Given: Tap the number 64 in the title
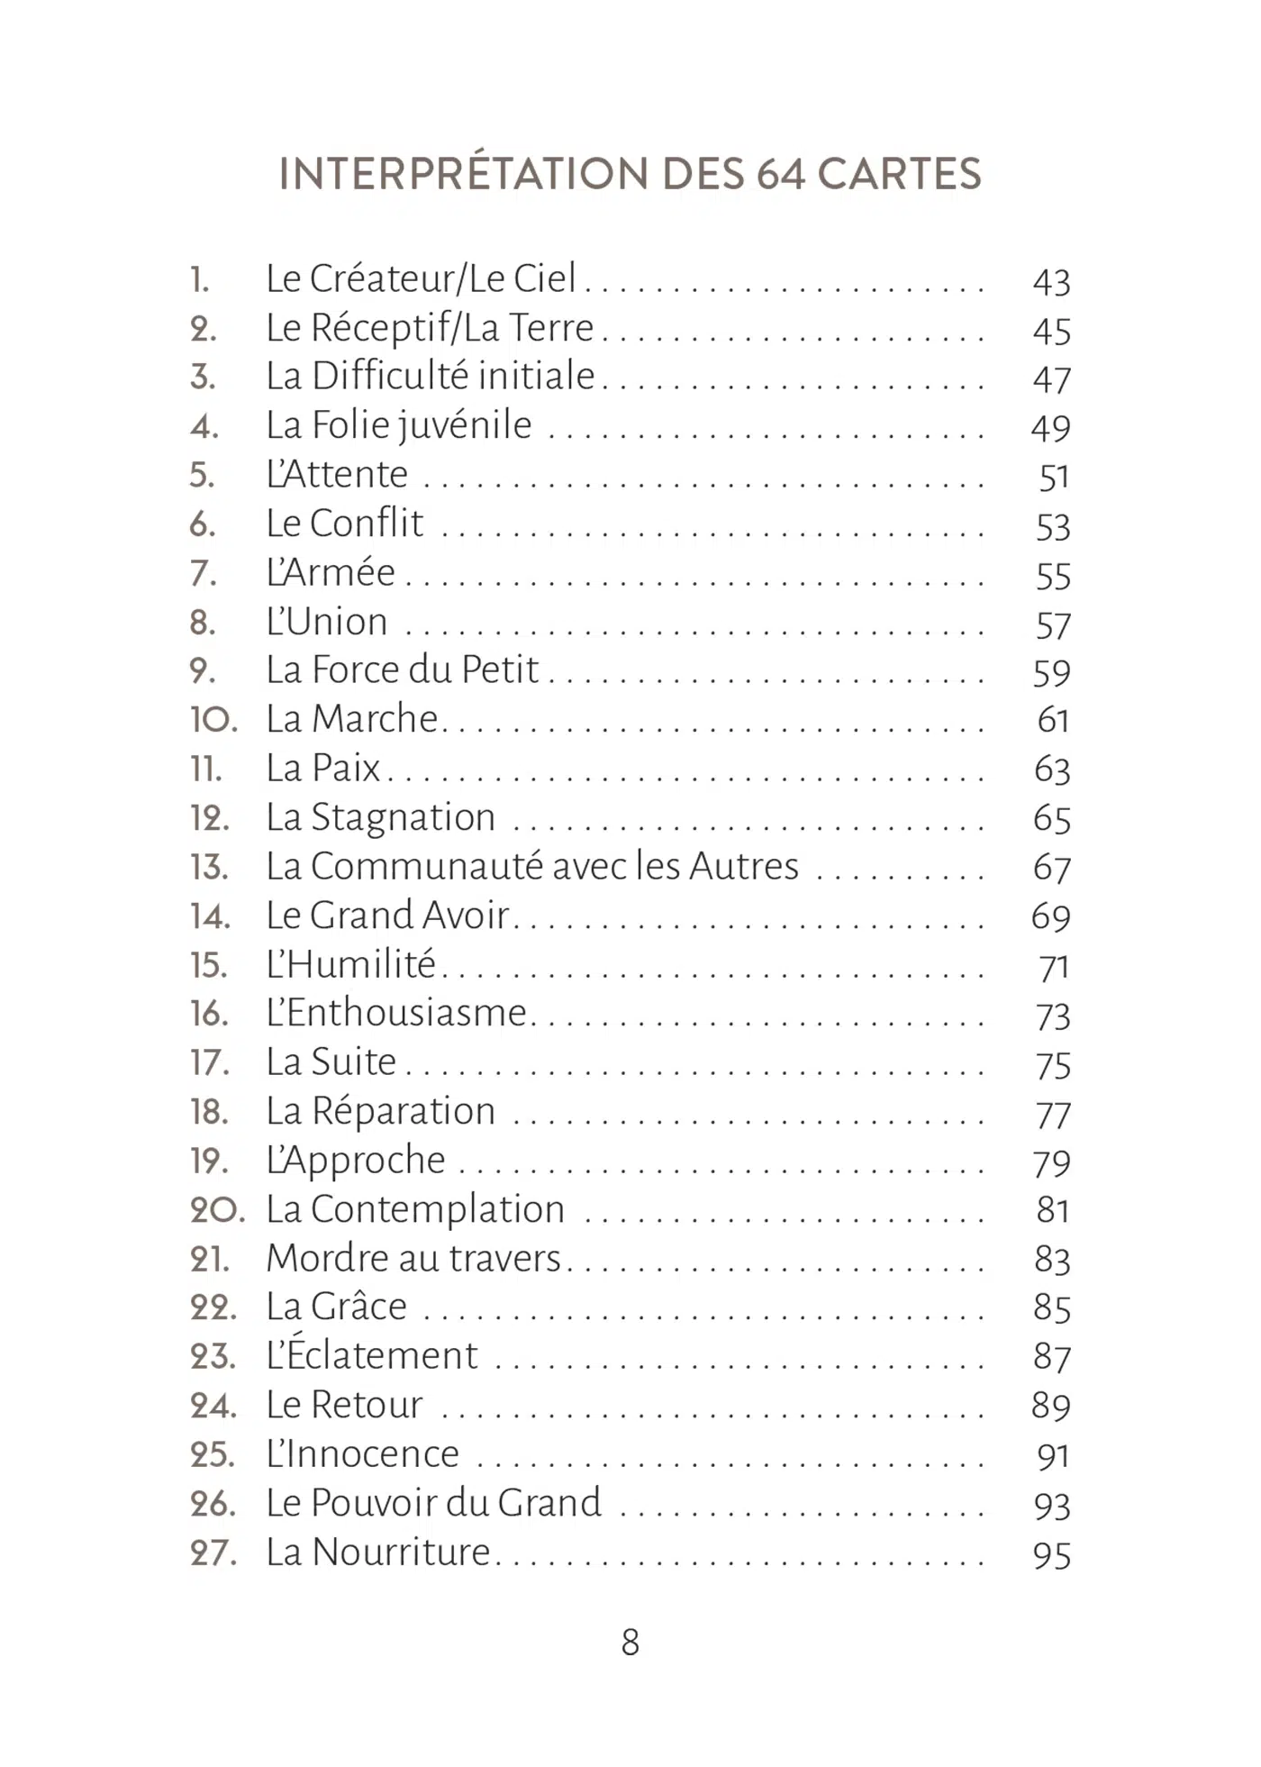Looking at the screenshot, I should [x=780, y=174].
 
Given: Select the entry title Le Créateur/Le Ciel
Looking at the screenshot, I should [x=421, y=279].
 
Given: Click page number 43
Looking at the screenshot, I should [x=1051, y=283].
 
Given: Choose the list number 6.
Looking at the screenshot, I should [x=203, y=524].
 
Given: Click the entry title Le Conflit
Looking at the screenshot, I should [x=344, y=524].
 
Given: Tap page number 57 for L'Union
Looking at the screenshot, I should [x=1053, y=626].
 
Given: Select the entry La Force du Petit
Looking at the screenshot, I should [x=402, y=670].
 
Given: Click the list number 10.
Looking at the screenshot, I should [x=213, y=720].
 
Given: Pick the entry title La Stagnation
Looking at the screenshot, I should [x=380, y=818].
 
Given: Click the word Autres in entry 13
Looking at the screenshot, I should [x=744, y=867].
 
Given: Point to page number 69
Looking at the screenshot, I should [x=1051, y=917].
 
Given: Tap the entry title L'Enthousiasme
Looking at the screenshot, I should [x=395, y=1014].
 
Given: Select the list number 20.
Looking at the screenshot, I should [x=216, y=1210].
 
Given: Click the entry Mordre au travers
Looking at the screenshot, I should [x=413, y=1259].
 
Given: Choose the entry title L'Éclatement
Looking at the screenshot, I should [x=371, y=1355].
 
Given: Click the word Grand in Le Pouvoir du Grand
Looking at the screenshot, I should [x=549, y=1503].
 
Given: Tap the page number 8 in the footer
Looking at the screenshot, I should [x=630, y=1642].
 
